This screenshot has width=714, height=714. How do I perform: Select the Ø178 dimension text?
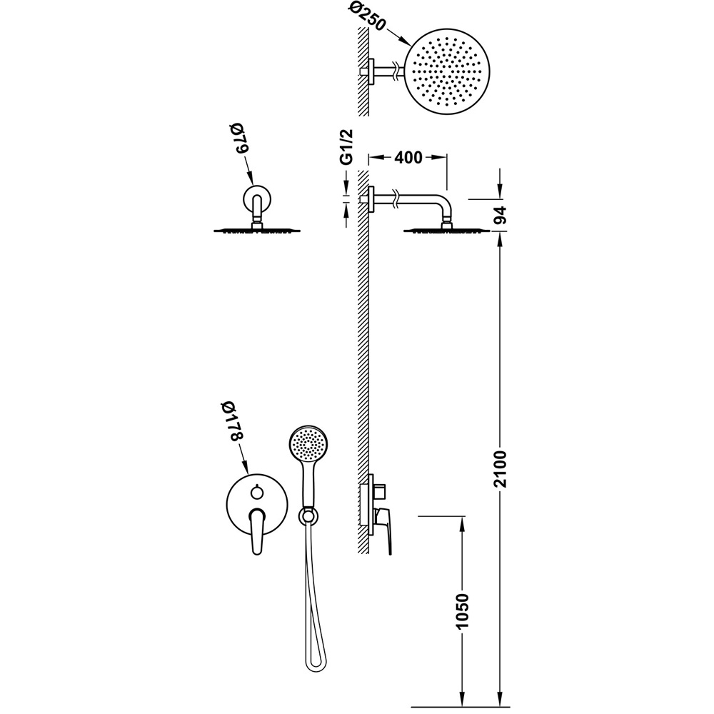tap(236, 421)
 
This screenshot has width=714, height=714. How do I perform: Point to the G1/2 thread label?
tap(347, 146)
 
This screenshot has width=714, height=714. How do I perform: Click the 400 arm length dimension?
tap(408, 158)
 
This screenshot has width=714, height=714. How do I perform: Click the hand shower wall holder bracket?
tap(309, 516)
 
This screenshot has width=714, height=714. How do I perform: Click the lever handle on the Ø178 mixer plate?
tap(257, 531)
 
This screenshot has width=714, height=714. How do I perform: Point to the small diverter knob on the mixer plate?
tap(257, 491)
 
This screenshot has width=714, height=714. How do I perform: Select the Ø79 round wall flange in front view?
tap(257, 199)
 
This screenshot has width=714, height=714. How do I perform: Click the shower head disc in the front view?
tap(257, 230)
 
